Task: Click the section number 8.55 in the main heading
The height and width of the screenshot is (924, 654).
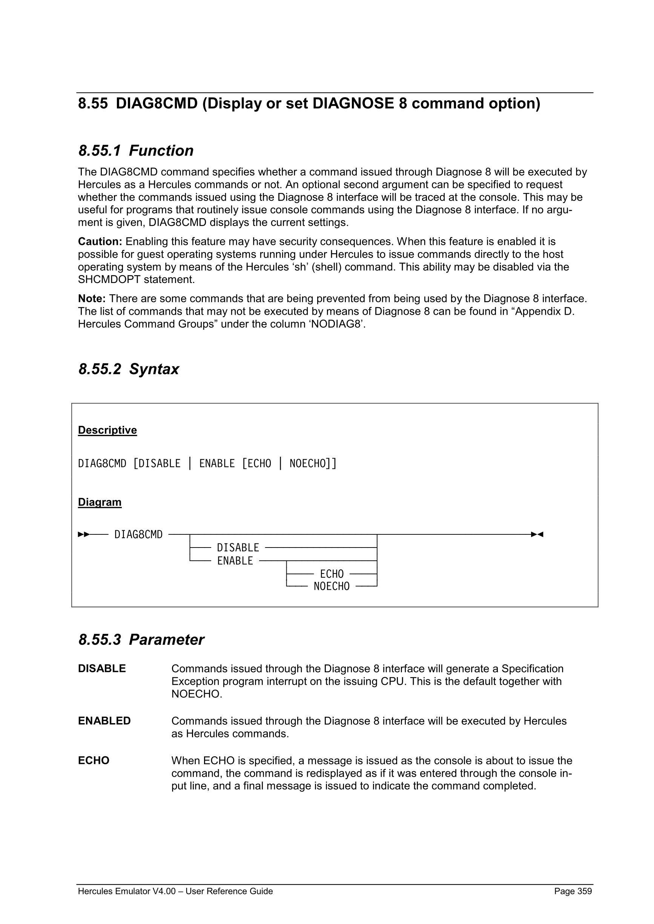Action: coord(93,103)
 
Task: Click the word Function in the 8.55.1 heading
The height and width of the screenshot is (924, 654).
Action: coord(161,151)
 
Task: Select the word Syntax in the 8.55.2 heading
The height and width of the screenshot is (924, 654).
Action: coord(154,369)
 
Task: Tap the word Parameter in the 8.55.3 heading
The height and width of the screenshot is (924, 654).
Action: coord(166,640)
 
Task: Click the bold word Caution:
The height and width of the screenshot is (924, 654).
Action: coord(100,242)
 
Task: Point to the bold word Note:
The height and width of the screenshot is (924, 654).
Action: coord(92,298)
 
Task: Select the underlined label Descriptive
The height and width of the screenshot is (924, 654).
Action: coord(107,430)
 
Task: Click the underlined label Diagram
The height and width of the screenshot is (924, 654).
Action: coord(100,502)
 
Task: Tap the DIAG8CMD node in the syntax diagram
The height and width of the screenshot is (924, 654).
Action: coord(138,534)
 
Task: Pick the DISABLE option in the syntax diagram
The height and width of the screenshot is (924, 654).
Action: coord(238,548)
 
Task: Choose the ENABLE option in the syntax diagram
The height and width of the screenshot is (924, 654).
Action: coord(235,561)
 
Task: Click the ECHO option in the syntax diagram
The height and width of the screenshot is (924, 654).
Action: coord(332,574)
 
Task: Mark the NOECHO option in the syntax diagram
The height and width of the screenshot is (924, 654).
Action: coord(332,586)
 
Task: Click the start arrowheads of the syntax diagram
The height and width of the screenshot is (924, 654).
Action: coord(84,534)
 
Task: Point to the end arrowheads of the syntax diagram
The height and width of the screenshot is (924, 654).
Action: coord(537,534)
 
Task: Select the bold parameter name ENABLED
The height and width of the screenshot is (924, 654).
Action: coord(104,721)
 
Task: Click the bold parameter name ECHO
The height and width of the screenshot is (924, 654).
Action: coord(94,760)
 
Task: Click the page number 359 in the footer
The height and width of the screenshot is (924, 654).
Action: coord(585,891)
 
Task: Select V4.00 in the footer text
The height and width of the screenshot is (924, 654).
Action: coord(164,891)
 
